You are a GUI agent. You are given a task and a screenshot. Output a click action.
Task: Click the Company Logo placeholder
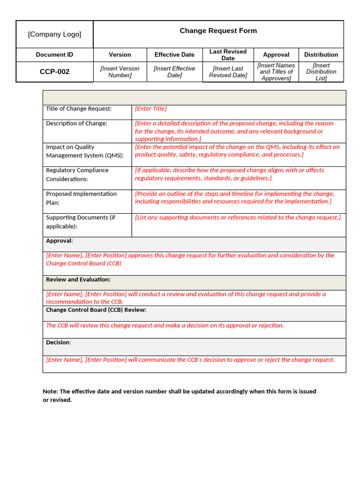coord(54,34)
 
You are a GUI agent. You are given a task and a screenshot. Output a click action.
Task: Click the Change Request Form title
coord(218,31)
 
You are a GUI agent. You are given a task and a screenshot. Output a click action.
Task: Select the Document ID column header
coord(54,55)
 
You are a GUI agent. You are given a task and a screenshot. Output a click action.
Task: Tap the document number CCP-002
coord(54,72)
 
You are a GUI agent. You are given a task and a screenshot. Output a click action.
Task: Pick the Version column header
coord(120,55)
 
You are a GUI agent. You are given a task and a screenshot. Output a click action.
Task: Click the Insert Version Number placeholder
coord(120,72)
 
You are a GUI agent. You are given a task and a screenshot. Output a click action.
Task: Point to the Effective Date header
coord(174,55)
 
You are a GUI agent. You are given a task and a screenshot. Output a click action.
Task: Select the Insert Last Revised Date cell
coord(228,72)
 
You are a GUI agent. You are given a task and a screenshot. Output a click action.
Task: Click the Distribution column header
coord(321,55)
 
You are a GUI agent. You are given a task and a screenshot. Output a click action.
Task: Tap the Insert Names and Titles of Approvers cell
coord(276,72)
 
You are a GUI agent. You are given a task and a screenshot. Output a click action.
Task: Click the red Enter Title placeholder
coord(151,109)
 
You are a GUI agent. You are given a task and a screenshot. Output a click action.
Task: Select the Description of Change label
coord(76,123)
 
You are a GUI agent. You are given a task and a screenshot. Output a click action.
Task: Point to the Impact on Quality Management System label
coord(84,151)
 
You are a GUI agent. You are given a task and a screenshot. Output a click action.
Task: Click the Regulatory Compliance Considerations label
coord(77,174)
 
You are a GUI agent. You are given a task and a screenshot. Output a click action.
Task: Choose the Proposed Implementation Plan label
coord(81,198)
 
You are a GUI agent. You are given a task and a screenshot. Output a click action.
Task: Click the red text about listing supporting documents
coord(238,217)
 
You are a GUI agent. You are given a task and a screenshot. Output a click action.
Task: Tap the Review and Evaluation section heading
coord(78,279)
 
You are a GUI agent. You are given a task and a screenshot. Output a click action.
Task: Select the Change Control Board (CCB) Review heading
coord(96,310)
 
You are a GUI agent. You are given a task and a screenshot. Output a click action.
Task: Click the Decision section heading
coord(58,343)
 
